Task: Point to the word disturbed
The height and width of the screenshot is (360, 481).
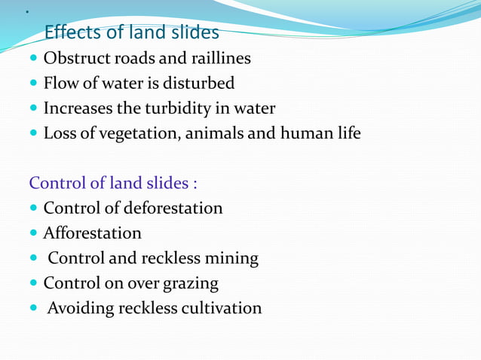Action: coord(199,83)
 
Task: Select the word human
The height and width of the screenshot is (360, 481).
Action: coord(305,134)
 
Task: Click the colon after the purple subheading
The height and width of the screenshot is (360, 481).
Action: coord(195,184)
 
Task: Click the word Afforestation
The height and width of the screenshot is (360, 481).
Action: coord(92,233)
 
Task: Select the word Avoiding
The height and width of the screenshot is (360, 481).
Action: coord(79,309)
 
